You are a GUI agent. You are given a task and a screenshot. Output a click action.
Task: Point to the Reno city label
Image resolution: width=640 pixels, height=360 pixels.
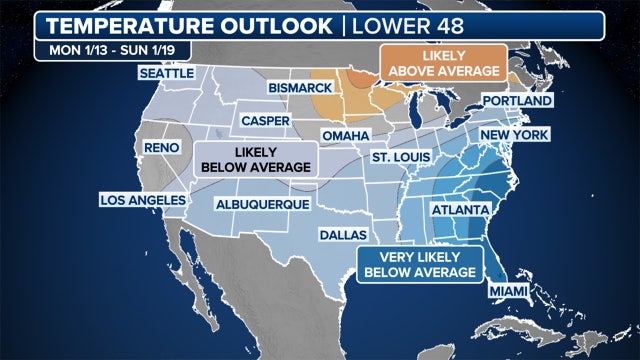(161, 147)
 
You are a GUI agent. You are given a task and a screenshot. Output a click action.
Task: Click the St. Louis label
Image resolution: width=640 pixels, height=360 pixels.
(398, 158)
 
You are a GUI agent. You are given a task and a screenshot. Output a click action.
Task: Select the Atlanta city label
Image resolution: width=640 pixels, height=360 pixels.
(459, 210)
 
